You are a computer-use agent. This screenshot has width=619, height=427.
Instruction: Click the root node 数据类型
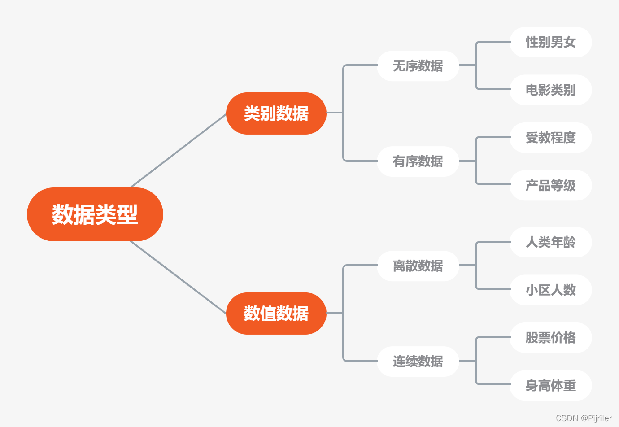[95, 214]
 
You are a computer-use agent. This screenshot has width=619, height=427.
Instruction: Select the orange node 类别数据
[276, 113]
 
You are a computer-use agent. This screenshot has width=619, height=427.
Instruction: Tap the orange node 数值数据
[276, 314]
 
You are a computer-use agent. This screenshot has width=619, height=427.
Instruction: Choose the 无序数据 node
[418, 66]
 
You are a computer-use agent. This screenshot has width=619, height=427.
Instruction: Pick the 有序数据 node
[418, 161]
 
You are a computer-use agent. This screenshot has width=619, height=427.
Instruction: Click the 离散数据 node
[418, 266]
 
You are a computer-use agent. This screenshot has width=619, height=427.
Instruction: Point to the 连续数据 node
[418, 362]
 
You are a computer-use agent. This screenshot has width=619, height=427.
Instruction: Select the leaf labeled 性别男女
[550, 42]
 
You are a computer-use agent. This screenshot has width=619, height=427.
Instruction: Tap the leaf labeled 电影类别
[550, 90]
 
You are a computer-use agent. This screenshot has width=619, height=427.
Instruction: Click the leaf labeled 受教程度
[550, 138]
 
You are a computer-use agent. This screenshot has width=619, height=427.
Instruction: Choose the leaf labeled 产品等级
[550, 185]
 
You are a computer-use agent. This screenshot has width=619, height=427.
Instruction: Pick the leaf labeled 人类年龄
[550, 242]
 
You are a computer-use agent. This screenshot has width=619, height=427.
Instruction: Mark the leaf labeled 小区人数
[550, 290]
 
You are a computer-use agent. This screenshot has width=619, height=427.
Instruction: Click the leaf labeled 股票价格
[550, 338]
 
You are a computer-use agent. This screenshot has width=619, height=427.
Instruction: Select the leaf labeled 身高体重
[550, 385]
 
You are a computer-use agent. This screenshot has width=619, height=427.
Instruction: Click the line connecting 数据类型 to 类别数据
[178, 151]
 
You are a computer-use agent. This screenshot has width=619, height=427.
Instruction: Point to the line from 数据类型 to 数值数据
[178, 277]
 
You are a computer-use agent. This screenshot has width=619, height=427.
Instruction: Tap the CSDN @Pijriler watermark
[584, 418]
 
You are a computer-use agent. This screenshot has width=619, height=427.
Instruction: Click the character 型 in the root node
[127, 214]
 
